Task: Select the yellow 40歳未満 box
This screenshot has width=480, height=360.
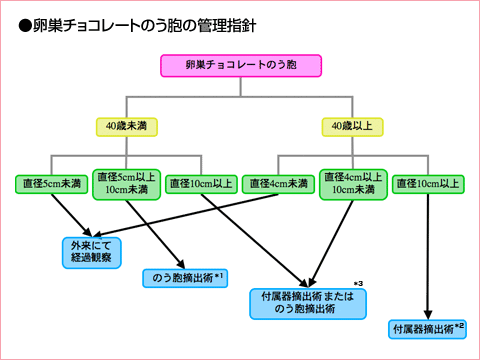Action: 127,126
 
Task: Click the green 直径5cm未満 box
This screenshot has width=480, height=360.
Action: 53,183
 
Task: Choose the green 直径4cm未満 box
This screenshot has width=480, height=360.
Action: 277,183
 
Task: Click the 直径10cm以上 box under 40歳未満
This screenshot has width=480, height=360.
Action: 201,183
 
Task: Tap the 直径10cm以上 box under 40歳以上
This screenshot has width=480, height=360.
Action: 427,183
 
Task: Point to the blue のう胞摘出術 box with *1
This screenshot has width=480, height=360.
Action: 187,275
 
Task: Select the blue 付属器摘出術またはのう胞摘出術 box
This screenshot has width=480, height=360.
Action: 307,303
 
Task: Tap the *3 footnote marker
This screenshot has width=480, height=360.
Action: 358,283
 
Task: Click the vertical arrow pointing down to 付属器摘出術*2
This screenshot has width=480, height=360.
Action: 428,260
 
